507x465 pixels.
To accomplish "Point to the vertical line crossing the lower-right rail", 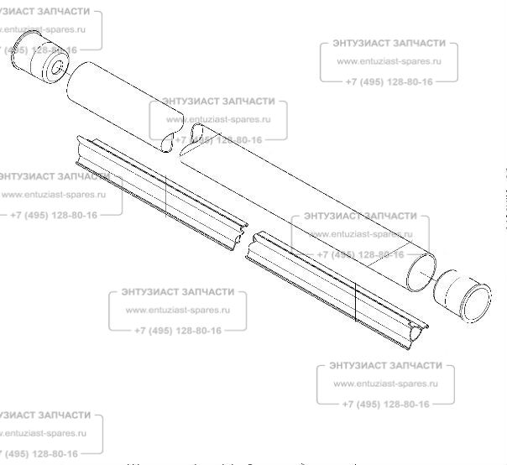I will pos(356,302).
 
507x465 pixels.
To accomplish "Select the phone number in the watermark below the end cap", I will pos(386,404).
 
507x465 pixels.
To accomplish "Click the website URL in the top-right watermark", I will pos(389,61).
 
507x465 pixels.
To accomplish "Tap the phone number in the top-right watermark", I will pos(389,81).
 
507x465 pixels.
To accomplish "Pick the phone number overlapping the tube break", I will pos(218,139).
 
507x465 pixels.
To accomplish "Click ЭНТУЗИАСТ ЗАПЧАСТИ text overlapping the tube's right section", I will pos(359,215).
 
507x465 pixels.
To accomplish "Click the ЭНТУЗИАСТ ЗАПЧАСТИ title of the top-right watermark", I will pos(389,42).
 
